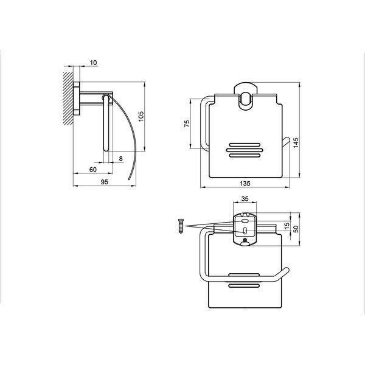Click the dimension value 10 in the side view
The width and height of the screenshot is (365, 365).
point(93,63)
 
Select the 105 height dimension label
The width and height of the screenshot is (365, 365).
point(141,116)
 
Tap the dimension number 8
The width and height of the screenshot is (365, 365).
point(120,159)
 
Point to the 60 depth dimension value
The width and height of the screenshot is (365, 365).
point(93,170)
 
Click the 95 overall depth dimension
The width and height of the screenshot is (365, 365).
point(105,182)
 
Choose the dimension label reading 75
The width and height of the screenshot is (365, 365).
point(187,123)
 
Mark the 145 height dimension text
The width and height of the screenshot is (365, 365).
point(296,142)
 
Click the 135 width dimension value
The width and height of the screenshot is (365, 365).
point(245,184)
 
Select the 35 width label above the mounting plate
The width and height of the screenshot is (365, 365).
point(245,199)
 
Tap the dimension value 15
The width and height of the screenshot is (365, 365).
point(287,225)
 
